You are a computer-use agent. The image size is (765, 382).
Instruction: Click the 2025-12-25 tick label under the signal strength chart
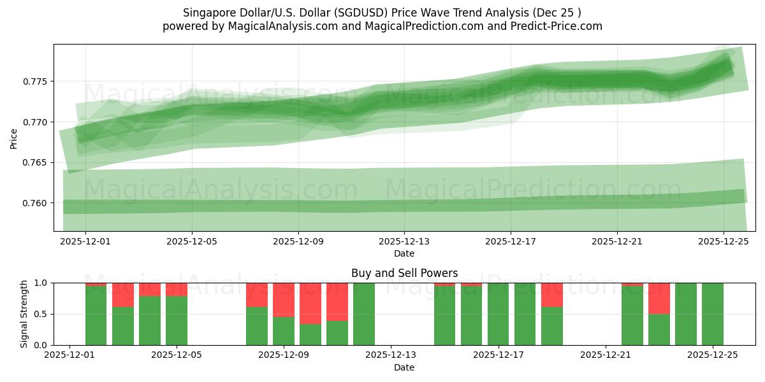tap(712, 355)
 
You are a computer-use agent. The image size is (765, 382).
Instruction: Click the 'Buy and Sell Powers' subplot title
tap(404, 273)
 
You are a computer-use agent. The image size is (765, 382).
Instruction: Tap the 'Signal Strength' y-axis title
tap(24, 314)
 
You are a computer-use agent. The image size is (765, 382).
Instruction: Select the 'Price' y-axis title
tap(14, 138)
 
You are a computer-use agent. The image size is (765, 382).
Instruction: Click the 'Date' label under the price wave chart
tap(404, 253)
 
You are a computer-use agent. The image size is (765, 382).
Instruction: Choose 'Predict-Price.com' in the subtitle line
tap(560, 26)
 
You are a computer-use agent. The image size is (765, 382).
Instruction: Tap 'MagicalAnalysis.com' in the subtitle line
tap(279, 26)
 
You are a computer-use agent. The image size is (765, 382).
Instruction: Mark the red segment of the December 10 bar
tap(337, 302)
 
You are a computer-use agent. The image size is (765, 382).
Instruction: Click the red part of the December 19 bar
tap(552, 295)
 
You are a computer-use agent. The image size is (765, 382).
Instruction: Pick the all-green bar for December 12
tap(364, 314)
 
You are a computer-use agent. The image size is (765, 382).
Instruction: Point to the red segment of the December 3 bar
tap(123, 295)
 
